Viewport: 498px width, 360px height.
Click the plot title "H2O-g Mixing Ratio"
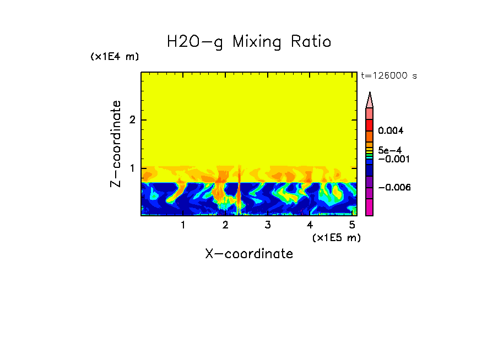pos(249,42)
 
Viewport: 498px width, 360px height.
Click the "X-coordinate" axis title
pos(249,254)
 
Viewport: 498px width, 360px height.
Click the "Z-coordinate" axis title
pos(116,144)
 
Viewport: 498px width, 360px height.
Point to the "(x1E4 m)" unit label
pos(115,57)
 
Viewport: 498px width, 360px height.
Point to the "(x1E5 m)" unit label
pos(336,237)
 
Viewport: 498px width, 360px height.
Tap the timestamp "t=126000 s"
pos(388,76)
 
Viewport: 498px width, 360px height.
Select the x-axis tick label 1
pos(183,225)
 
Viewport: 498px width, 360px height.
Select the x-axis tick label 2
pos(225,225)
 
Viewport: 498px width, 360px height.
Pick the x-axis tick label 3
pos(267,225)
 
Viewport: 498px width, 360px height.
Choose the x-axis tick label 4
pos(310,225)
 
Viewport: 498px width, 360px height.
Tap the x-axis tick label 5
pos(352,225)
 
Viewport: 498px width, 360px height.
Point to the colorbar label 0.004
pos(391,131)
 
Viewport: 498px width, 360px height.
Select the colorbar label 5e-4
pos(389,150)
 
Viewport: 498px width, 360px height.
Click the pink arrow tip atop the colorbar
pos(370,100)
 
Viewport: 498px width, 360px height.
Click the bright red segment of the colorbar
pos(370,123)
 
